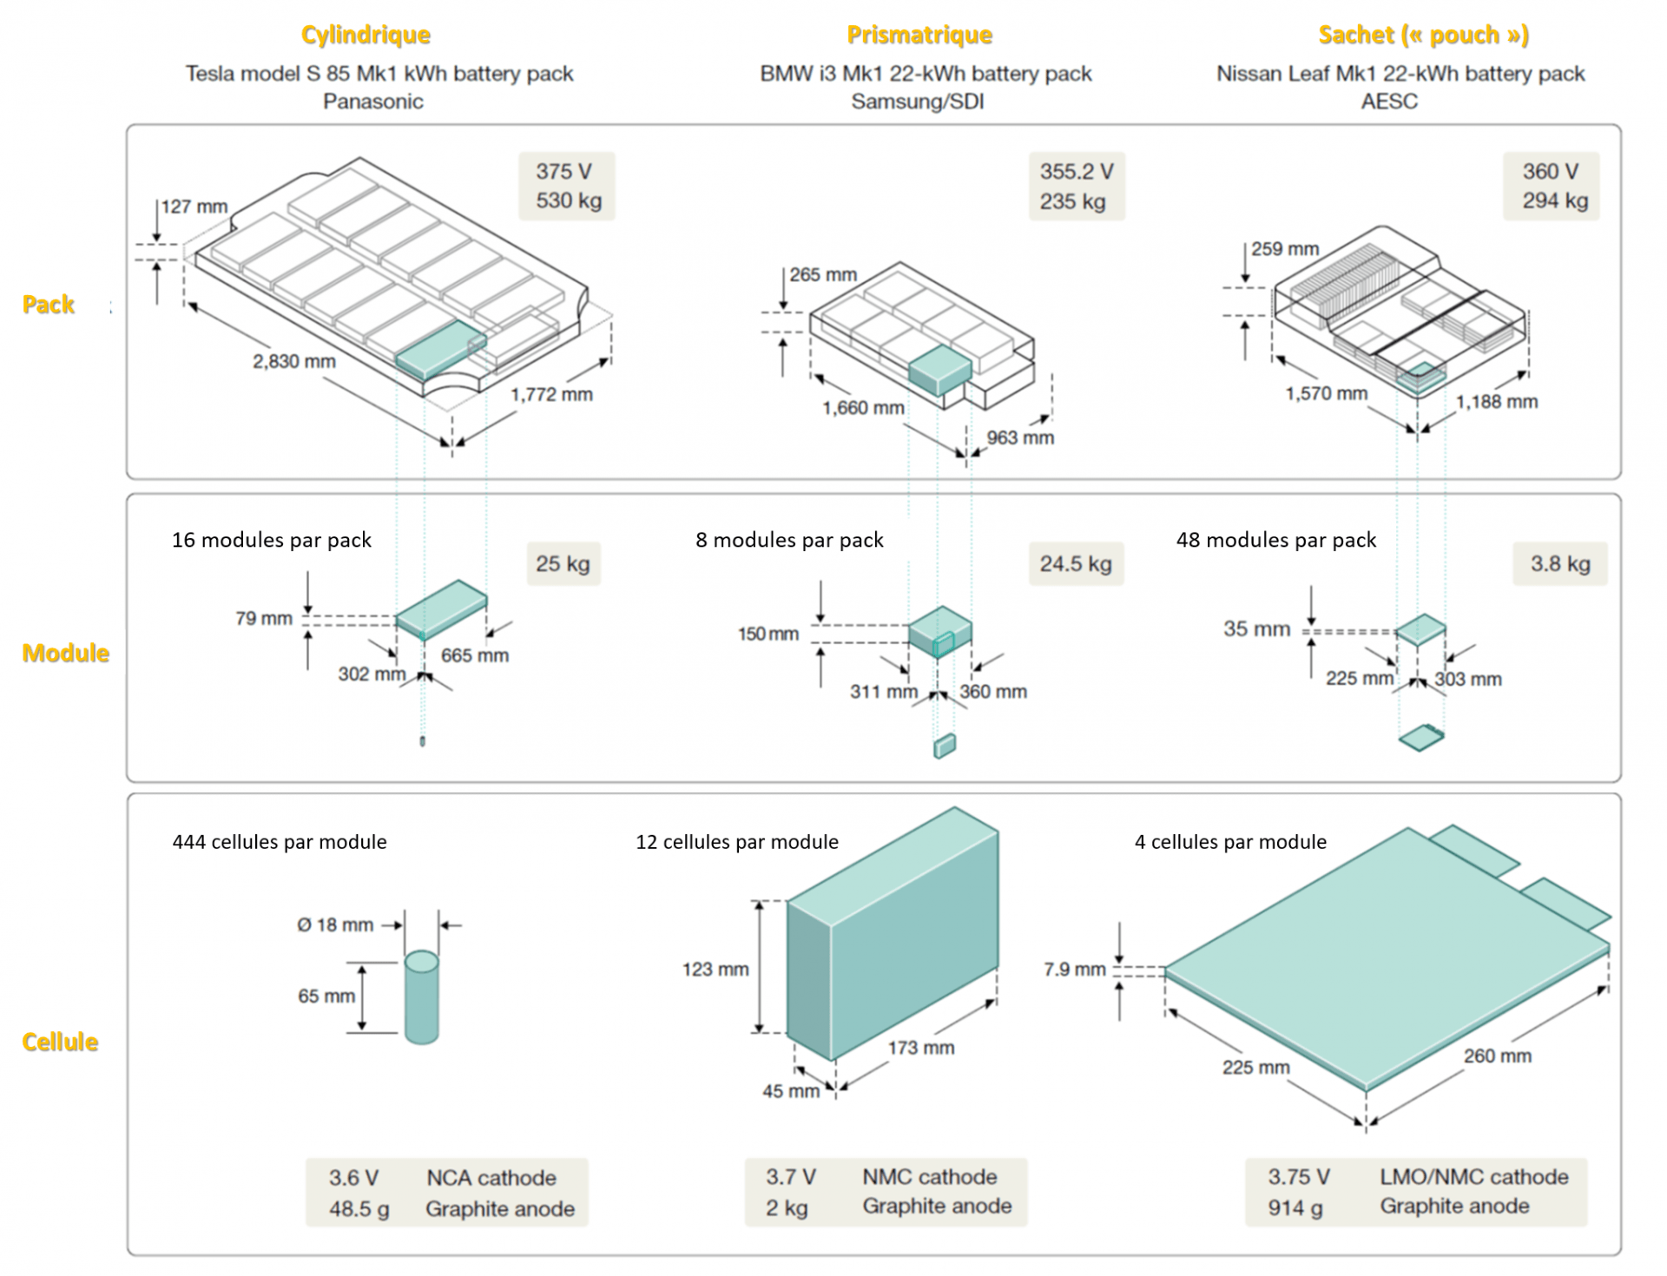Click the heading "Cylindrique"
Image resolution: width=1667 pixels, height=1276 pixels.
point(366,35)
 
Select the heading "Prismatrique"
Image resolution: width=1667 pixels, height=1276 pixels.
point(919,35)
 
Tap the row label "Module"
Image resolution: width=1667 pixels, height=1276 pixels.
point(66,653)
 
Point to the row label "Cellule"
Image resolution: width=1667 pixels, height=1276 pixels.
point(60,1042)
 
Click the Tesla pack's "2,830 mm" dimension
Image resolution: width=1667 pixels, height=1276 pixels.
point(293,361)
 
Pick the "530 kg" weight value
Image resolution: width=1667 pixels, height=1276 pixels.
point(568,201)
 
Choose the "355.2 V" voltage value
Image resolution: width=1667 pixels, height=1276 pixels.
point(1077,172)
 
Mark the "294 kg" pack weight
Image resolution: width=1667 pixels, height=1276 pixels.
point(1554,201)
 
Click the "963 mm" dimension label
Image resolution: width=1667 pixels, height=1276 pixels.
point(1020,437)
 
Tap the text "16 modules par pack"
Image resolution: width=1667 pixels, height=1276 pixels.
point(271,540)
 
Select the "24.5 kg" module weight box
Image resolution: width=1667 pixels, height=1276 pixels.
point(1076,564)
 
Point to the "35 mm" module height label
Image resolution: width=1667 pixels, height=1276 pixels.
point(1256,628)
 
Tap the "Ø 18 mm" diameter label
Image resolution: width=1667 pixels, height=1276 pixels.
point(335,925)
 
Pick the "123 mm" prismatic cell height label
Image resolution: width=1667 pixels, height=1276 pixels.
point(715,970)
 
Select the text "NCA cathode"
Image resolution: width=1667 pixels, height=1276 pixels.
point(491,1178)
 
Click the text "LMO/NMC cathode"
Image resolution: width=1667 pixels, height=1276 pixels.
point(1473,1177)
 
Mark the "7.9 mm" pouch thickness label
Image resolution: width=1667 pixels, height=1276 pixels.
point(1075,970)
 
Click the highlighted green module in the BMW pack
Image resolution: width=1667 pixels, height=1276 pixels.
point(939,370)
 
